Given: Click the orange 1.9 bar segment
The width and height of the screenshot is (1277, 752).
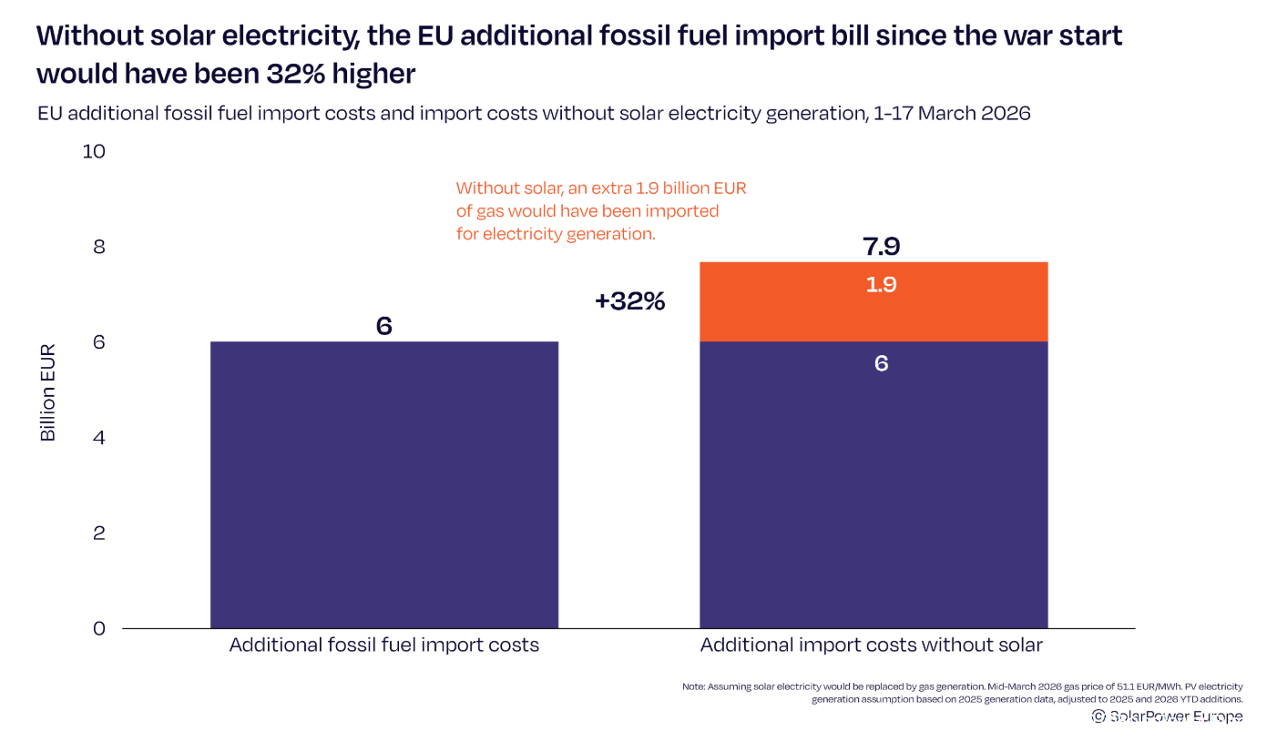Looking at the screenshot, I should click(x=873, y=301).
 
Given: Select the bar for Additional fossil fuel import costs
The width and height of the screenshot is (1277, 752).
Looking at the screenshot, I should click(x=383, y=484).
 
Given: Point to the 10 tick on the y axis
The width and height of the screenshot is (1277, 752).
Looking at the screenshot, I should click(x=94, y=151).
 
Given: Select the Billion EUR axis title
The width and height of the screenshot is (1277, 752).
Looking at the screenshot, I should click(x=48, y=392).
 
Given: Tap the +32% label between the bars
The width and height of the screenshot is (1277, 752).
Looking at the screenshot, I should click(x=629, y=301).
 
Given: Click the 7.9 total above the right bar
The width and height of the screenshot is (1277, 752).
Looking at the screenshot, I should click(x=881, y=246).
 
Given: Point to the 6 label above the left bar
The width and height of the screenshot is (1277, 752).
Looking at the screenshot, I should click(x=383, y=326).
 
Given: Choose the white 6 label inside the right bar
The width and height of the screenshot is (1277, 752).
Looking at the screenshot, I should click(x=881, y=363).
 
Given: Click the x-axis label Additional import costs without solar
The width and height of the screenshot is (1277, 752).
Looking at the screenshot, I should click(x=871, y=645).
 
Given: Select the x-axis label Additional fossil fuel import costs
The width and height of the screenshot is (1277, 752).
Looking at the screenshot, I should click(x=383, y=645).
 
